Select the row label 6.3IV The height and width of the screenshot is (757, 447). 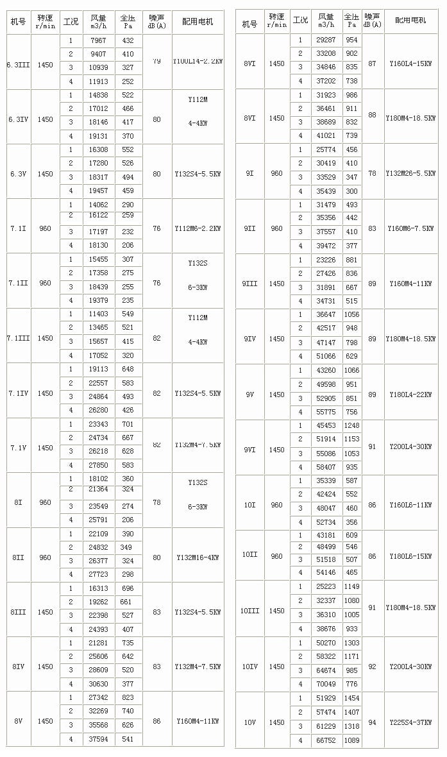point(17,119)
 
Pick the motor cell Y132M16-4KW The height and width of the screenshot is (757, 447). point(198,557)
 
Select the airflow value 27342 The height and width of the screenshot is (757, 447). point(98,697)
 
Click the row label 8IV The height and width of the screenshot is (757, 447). point(17,667)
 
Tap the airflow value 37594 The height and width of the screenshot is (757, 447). point(98,740)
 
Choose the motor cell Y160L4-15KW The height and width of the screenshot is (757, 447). point(410,64)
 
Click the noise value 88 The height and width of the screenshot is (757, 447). point(372,115)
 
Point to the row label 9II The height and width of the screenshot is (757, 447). point(249,228)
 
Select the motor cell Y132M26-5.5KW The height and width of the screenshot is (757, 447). point(410,173)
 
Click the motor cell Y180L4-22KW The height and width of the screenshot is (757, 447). point(410,395)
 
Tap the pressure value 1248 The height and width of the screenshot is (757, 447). point(351,425)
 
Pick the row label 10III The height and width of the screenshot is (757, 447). point(250,611)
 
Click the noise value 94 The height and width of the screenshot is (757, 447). point(372,722)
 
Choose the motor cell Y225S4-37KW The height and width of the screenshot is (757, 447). point(410,722)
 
